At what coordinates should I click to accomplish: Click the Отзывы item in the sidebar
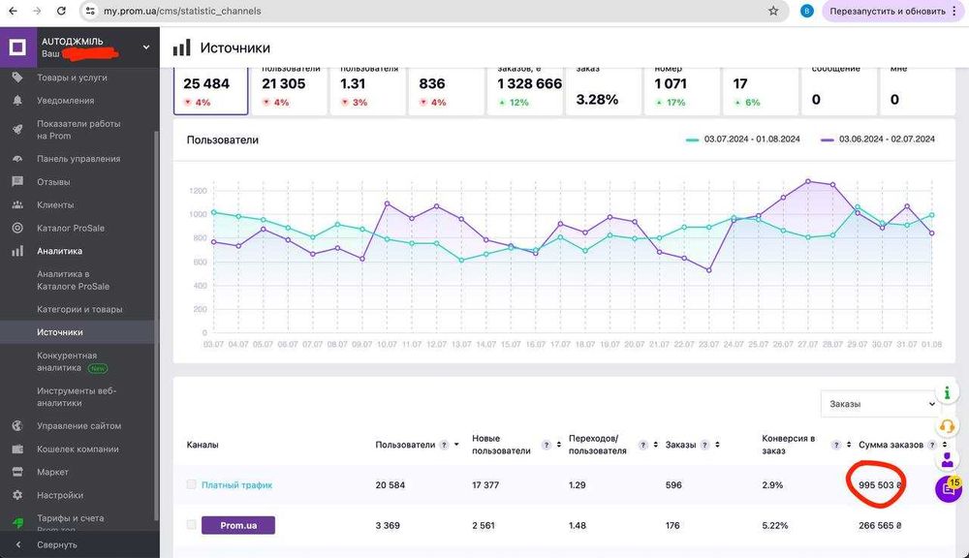[53, 182]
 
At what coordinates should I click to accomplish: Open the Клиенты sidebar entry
[55, 205]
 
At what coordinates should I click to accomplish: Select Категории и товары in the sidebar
[79, 309]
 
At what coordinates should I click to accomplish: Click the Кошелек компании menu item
[78, 449]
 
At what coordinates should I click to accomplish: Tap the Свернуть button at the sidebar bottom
[57, 544]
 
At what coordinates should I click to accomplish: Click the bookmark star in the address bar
[773, 11]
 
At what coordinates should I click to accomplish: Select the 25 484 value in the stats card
[206, 84]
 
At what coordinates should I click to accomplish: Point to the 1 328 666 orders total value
[529, 84]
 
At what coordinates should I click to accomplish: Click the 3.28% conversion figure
[597, 100]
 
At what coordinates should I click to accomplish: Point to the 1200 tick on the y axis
[199, 191]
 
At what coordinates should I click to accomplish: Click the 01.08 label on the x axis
[931, 345]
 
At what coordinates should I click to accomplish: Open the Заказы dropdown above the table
[879, 404]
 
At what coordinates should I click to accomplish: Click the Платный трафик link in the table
[236, 485]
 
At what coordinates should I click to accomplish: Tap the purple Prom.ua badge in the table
[237, 525]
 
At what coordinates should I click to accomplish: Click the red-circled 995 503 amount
[875, 485]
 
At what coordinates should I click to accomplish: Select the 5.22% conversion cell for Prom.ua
[775, 525]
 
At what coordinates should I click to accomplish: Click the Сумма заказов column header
[889, 445]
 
